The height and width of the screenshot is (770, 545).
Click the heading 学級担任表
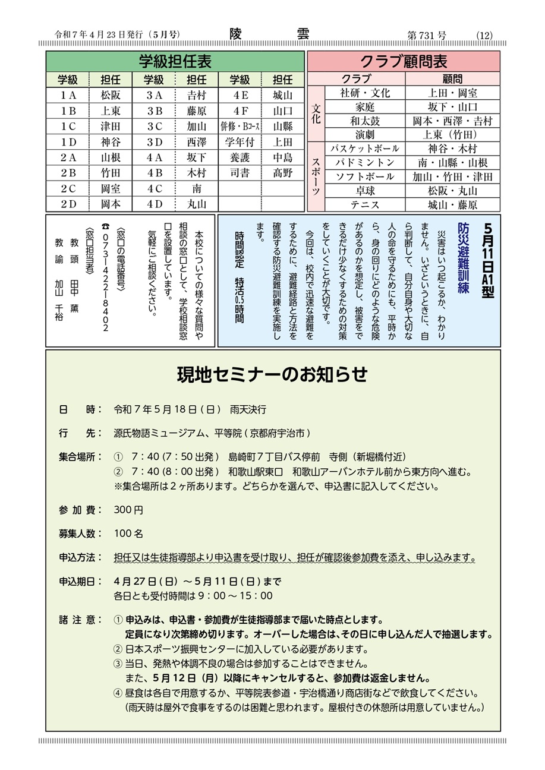tap(175, 62)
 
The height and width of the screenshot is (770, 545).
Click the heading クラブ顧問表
tap(404, 62)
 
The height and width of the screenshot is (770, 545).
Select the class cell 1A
tap(68, 95)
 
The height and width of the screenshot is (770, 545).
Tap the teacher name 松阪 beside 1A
tap(110, 95)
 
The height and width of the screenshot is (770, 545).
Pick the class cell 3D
tap(154, 142)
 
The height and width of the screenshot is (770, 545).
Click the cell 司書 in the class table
tap(240, 173)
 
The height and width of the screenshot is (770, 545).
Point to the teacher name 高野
tap(283, 173)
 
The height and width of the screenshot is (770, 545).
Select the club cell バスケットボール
tap(365, 149)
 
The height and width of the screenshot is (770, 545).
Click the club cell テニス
tap(365, 205)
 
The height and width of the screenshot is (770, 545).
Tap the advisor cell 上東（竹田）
tap(453, 134)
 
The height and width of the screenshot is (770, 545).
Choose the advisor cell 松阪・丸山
tap(453, 191)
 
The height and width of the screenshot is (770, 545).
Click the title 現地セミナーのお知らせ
tap(272, 375)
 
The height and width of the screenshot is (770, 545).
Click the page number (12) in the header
tap(484, 35)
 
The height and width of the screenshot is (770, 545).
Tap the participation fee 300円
tap(128, 510)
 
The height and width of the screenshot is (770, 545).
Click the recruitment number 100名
tap(128, 534)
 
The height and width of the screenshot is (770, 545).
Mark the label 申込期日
tap(77, 580)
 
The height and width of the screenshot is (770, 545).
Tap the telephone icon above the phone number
tap(106, 226)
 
